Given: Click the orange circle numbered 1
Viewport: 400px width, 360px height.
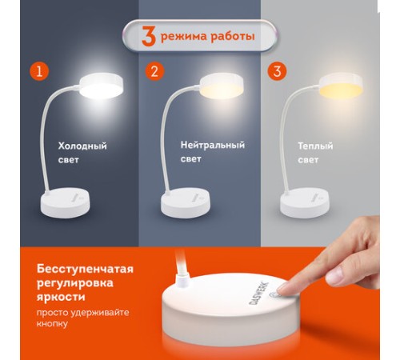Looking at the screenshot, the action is tap(39, 71).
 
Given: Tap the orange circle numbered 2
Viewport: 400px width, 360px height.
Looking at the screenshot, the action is tap(154, 71).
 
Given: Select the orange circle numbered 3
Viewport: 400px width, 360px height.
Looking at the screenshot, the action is tap(277, 71).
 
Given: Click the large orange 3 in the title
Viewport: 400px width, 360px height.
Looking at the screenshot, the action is tap(149, 36).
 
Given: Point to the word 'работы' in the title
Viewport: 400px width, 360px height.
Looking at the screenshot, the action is tap(232, 36).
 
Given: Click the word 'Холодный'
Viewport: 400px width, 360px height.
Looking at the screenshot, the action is tap(82, 146).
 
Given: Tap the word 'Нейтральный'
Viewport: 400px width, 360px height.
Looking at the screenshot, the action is tap(213, 145).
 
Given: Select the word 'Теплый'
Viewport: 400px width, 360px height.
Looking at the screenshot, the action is tap(315, 146).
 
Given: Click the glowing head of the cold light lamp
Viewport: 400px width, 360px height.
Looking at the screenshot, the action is tap(102, 86).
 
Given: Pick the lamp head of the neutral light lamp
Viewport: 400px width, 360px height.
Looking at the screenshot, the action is tap(222, 86).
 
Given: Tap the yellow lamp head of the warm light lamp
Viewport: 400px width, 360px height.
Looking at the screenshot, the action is tap(341, 86).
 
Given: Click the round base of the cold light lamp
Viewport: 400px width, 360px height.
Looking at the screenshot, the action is tap(65, 202).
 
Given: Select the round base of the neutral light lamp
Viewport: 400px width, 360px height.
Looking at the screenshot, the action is tap(186, 202).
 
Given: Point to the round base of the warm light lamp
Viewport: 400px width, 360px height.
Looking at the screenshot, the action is tap(305, 202).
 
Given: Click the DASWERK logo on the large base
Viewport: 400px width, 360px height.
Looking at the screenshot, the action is tap(258, 294).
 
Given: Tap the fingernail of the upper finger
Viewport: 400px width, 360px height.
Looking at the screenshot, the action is tap(335, 276).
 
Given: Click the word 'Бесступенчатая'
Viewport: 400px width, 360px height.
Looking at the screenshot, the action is tap(85, 269).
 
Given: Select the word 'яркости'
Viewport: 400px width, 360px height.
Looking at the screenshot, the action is tap(61, 297).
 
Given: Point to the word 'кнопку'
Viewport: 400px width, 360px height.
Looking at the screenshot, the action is tap(52, 324).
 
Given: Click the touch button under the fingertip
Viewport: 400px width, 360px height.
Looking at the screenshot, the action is tap(275, 295).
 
